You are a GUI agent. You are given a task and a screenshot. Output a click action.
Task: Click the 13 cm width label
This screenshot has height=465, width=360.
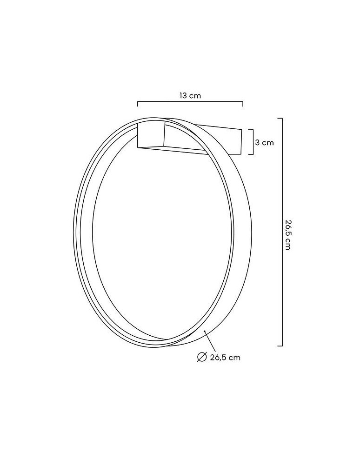click(190, 95)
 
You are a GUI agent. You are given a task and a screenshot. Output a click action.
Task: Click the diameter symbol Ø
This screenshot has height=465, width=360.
click(201, 357)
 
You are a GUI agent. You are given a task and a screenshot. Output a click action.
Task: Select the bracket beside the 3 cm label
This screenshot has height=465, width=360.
click(252, 141)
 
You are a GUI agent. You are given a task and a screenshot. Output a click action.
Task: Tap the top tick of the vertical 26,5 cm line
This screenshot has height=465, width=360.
click(280, 119)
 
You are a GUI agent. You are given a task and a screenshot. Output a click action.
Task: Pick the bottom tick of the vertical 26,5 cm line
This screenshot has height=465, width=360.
click(280, 345)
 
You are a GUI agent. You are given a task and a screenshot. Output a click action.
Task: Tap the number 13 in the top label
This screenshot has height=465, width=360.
click(184, 95)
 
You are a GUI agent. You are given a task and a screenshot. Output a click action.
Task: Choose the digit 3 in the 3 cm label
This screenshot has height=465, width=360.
click(257, 142)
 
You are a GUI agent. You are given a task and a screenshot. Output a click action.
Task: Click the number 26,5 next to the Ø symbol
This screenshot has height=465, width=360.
click(218, 357)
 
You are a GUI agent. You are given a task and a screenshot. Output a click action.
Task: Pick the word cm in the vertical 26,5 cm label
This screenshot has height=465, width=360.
click(287, 246)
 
